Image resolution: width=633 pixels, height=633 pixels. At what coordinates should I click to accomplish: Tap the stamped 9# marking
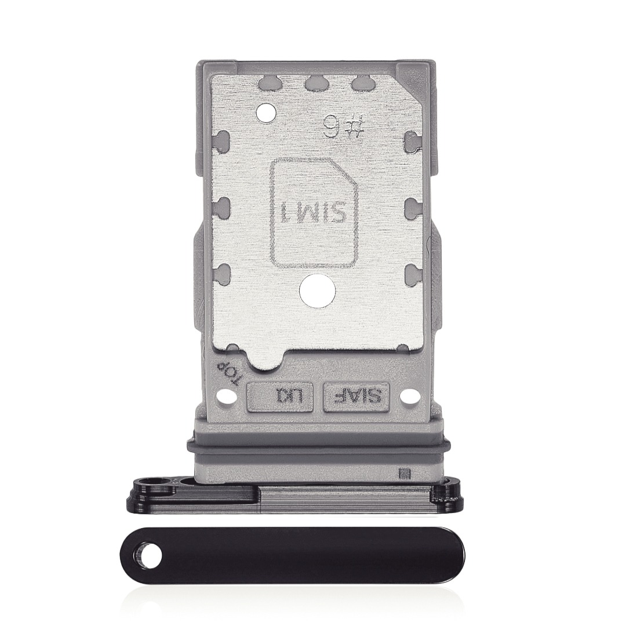(x=342, y=125)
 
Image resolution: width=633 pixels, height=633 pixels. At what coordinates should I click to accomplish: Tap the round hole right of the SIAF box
(x=410, y=397)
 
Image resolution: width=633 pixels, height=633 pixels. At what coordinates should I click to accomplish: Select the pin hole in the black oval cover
(x=150, y=559)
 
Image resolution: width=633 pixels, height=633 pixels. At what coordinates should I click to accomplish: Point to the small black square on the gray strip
(x=405, y=473)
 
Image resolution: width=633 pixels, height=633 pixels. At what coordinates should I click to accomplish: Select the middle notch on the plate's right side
(x=412, y=204)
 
